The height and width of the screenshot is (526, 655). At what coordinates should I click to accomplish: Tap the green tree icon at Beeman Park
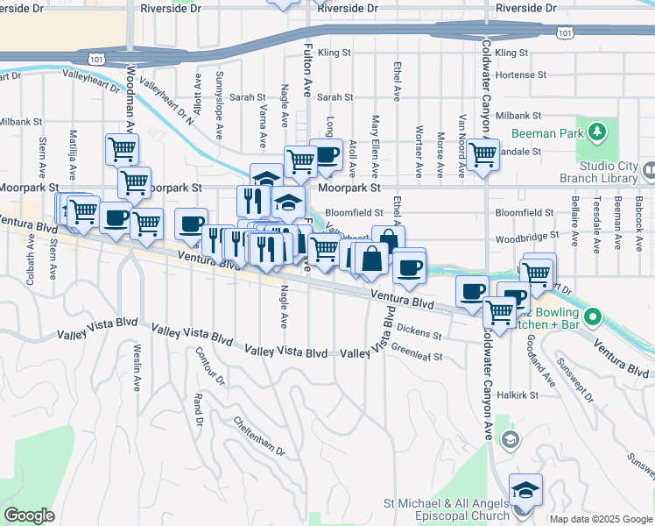[x=598, y=131]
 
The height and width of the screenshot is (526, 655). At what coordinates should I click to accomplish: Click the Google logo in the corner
[x=29, y=515]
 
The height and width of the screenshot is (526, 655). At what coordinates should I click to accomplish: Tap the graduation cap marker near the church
[x=525, y=489]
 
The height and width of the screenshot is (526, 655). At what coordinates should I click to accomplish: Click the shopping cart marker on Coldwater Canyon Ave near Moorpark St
[x=482, y=154]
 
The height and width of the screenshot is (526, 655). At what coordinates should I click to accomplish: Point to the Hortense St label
[x=520, y=75]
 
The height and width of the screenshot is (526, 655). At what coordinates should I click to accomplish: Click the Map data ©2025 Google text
[x=601, y=519]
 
